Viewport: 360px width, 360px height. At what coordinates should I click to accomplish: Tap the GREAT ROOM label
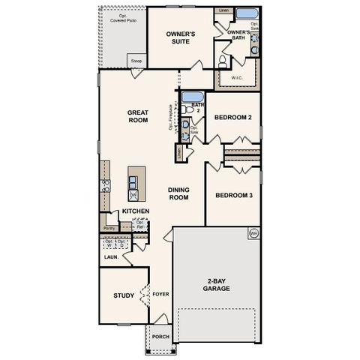138,115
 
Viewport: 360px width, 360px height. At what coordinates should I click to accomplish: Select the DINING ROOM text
178,193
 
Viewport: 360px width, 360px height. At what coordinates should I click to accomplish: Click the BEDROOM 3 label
232,196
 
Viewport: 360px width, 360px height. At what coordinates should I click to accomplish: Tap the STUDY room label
124,295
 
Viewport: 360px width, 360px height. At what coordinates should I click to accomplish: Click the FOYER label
160,295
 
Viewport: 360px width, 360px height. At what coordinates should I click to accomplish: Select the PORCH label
160,337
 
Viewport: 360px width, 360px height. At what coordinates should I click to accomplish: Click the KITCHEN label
136,211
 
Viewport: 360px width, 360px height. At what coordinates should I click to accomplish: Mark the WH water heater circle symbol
253,232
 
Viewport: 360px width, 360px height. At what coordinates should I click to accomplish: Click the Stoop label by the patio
136,61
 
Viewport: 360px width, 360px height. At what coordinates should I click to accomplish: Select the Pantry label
109,227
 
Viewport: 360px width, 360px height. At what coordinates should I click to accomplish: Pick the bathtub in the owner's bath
245,14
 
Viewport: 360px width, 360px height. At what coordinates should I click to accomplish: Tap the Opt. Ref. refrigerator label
139,225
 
